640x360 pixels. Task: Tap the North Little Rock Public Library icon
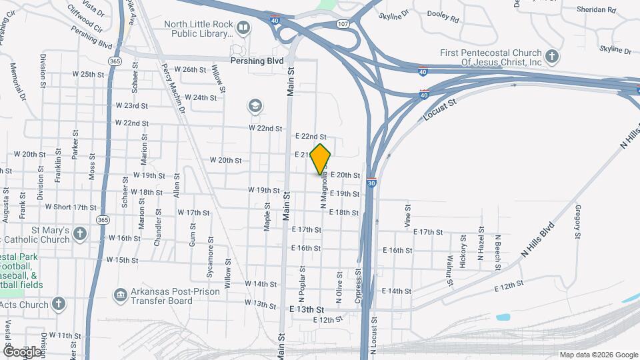pyautogui.click(x=243, y=28)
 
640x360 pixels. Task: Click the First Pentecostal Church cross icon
pyautogui.click(x=551, y=57)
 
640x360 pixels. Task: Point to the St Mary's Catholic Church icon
pyautogui.click(x=80, y=233)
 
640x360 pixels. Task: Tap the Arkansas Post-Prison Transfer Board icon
pyautogui.click(x=120, y=294)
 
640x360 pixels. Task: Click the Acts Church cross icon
pyautogui.click(x=59, y=303)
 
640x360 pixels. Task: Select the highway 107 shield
pyautogui.click(x=343, y=23)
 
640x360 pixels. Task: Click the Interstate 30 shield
pyautogui.click(x=371, y=182)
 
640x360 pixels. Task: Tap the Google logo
pyautogui.click(x=21, y=351)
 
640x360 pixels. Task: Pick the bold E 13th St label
pyautogui.click(x=307, y=310)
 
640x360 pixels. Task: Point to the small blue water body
pyautogui.click(x=503, y=317)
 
